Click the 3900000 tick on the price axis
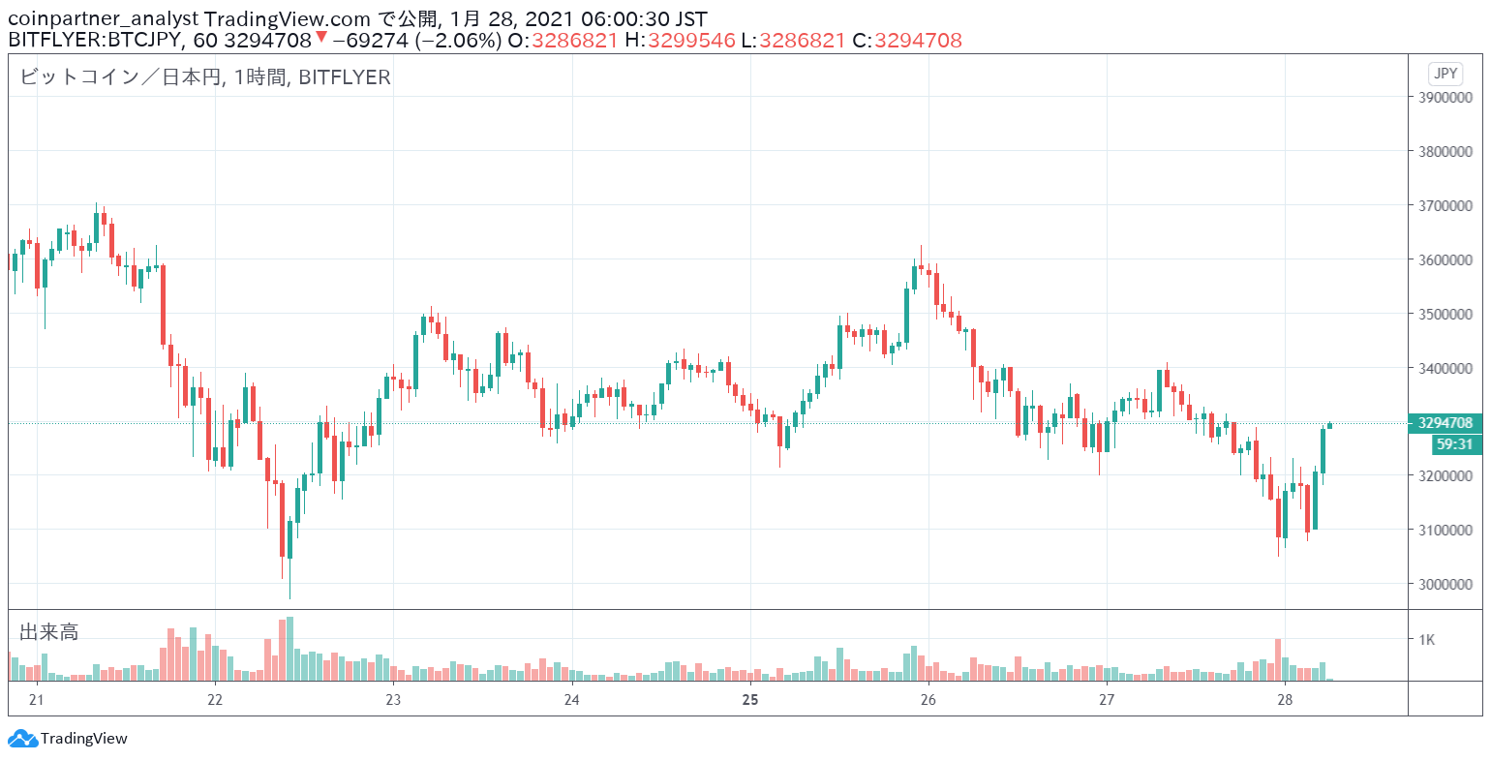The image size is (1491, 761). [x=1445, y=97]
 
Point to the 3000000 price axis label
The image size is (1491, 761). [x=1445, y=585]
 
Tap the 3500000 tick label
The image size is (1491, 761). [x=1445, y=315]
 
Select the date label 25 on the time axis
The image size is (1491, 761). [x=750, y=700]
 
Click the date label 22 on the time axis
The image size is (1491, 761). [x=214, y=700]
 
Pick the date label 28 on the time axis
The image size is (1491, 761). [x=1285, y=700]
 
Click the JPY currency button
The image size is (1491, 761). [x=1445, y=74]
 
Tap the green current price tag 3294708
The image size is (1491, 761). [x=1445, y=423]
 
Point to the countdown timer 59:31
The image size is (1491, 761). [x=1456, y=444]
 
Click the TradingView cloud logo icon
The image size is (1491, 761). [x=22, y=739]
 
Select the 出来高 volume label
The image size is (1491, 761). [x=49, y=632]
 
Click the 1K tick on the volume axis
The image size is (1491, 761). [x=1426, y=640]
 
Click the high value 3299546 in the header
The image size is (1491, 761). [x=691, y=41]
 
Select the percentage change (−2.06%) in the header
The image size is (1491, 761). [x=458, y=41]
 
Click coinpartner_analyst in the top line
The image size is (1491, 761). [x=104, y=18]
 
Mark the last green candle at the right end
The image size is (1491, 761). [x=1330, y=425]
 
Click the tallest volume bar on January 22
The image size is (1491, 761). [x=290, y=649]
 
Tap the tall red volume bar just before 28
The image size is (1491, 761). [x=1278, y=659]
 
